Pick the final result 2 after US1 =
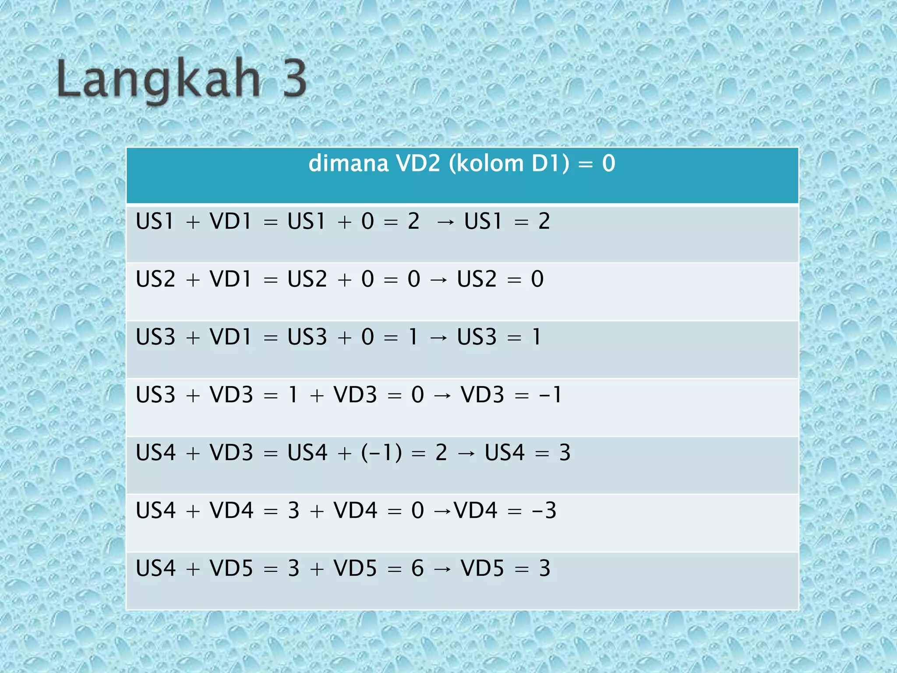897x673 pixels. point(544,221)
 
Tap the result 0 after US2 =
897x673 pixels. point(537,279)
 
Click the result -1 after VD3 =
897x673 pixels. point(551,395)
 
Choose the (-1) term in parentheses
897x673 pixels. point(381,453)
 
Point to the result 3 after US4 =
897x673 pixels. point(565,453)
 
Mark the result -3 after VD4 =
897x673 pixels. point(544,510)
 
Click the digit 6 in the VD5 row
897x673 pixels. point(417,568)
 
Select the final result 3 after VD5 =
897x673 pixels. point(544,568)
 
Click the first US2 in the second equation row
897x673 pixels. point(155,279)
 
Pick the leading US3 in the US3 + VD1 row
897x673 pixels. point(155,337)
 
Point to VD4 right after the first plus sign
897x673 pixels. point(231,510)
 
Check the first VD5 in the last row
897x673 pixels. point(231,568)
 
